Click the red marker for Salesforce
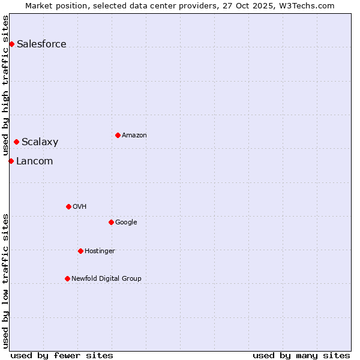click(x=11, y=44)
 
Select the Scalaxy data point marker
click(x=16, y=142)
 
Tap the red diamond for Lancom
click(x=11, y=161)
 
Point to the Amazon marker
click(x=118, y=135)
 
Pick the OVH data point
click(x=68, y=206)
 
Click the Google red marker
click(x=111, y=222)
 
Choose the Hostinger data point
click(x=80, y=251)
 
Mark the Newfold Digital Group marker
click(x=67, y=278)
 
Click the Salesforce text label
click(x=41, y=44)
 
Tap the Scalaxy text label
click(x=40, y=142)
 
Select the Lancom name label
click(x=34, y=161)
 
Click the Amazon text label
click(x=134, y=135)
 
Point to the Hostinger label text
click(x=100, y=251)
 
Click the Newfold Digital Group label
click(x=106, y=278)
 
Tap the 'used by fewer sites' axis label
click(x=62, y=355)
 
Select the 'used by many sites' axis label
click(x=301, y=355)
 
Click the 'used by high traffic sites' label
click(x=5, y=85)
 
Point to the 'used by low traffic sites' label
click(x=5, y=281)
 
